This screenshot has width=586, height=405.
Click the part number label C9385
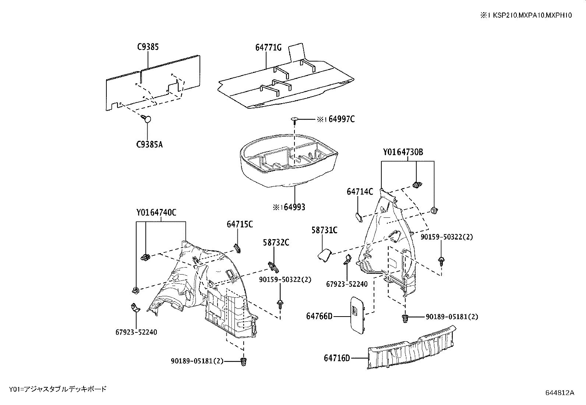pyautogui.click(x=148, y=47)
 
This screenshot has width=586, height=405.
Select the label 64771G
pyautogui.click(x=268, y=47)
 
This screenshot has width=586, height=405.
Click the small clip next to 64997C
pyautogui.click(x=295, y=119)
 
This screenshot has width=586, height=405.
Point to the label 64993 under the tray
pyautogui.click(x=289, y=207)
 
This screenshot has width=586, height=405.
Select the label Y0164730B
pyautogui.click(x=403, y=152)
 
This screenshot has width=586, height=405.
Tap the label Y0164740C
pyautogui.click(x=156, y=213)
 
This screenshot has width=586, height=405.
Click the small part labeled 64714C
pyautogui.click(x=358, y=217)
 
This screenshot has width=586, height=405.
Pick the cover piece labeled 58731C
pyautogui.click(x=324, y=255)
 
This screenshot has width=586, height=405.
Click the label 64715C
pyautogui.click(x=240, y=224)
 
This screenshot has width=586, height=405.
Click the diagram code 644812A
pyautogui.click(x=559, y=392)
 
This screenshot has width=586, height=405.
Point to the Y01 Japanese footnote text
pyautogui.click(x=58, y=389)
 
